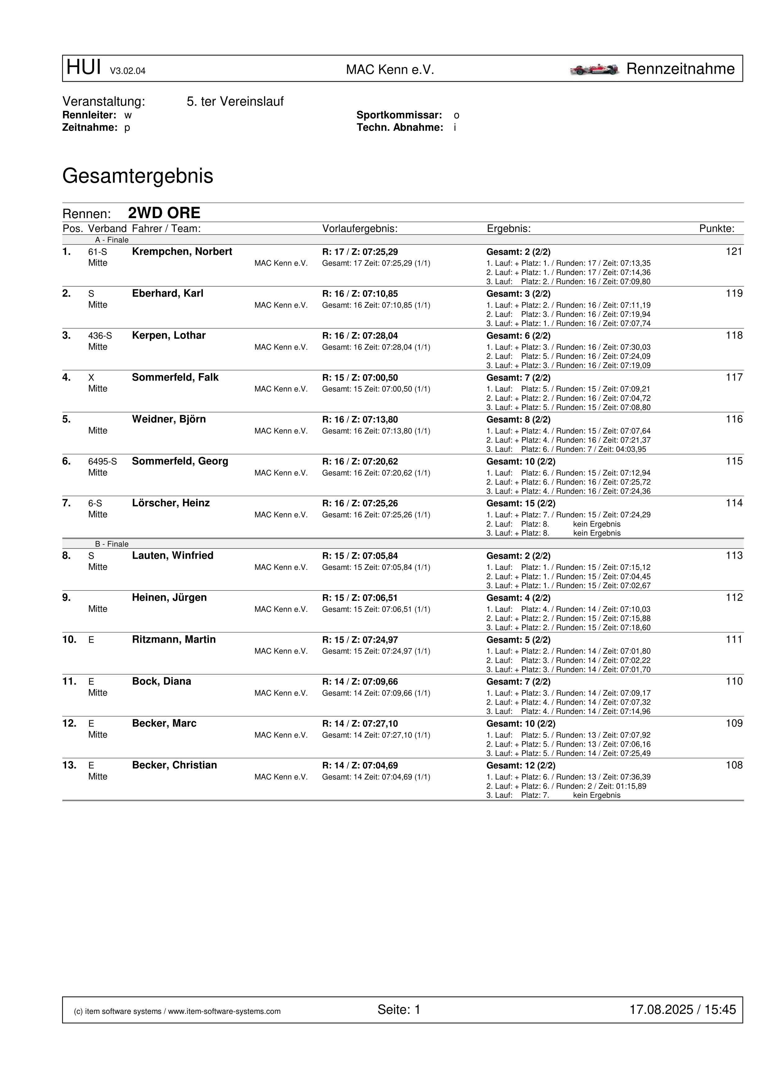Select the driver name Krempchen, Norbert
pos(182,252)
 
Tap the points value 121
pos(733,252)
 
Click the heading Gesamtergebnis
pos(137,176)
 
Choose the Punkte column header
pos(716,229)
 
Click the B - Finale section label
pos(112,544)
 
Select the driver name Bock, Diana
pos(162,681)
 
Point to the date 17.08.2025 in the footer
pos(661,1010)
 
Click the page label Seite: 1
pos(399,1010)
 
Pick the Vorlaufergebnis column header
pos(360,229)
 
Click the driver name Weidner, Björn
pos(169,420)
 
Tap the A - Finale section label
pos(112,240)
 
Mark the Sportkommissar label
pos(399,115)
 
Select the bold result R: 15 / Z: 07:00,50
pos(360,378)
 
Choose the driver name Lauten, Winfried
pos(172,556)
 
